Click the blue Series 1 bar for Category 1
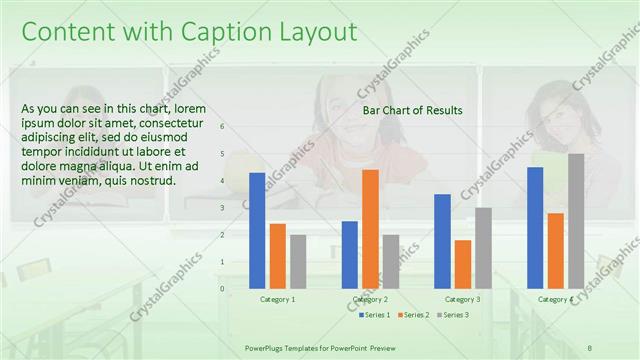pos(257,230)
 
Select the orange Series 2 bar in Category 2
pos(370,228)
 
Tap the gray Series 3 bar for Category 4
pos(576,220)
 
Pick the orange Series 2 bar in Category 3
pos(463,263)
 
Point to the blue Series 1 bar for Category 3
pos(442,240)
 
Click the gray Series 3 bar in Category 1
pos(298,261)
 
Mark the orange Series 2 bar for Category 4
pos(556,250)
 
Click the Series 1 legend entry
pos(376,315)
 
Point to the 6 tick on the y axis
pos(222,127)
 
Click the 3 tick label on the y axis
pos(222,208)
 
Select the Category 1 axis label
pos(277,299)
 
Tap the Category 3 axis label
pos(462,299)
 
